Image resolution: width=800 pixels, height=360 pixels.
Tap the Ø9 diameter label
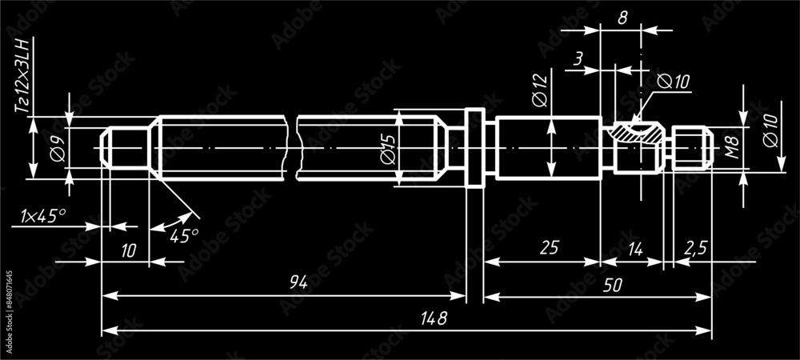[x=56, y=149]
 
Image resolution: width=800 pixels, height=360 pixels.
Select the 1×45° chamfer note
[x=43, y=215]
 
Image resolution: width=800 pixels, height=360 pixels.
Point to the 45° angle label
[x=184, y=235]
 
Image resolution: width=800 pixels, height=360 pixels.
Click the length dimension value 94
[x=298, y=282]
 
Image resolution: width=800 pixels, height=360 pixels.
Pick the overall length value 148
[x=433, y=318]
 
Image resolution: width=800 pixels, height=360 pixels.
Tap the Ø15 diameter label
[x=387, y=150]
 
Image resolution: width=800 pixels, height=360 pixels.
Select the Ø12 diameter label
[x=538, y=89]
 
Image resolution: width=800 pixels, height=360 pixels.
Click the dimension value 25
[x=548, y=249]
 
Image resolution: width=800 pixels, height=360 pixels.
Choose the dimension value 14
[x=634, y=249]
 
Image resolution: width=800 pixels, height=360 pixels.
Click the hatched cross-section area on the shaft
[x=637, y=133]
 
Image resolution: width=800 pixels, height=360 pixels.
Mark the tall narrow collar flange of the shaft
[x=475, y=149]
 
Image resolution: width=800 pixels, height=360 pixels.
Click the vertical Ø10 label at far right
[x=770, y=129]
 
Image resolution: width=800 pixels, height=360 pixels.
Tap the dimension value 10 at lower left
[x=128, y=250]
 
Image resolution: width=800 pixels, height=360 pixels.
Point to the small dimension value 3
[x=578, y=58]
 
